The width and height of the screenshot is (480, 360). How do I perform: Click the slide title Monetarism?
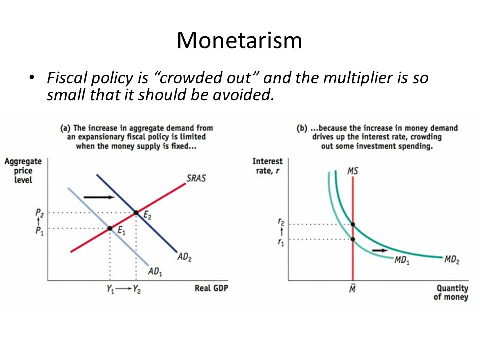(x=239, y=40)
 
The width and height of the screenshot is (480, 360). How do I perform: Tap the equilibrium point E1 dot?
(x=110, y=228)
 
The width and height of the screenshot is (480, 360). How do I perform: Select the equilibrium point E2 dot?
(x=136, y=213)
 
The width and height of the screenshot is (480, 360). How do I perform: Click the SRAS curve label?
(x=196, y=178)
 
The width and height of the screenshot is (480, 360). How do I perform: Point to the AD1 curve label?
(x=155, y=272)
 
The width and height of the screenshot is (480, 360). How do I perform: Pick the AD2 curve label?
(x=184, y=257)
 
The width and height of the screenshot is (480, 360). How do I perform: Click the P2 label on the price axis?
(x=39, y=213)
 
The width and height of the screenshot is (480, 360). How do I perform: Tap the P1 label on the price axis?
(x=39, y=231)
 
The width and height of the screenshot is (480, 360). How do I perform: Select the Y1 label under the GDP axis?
(x=110, y=289)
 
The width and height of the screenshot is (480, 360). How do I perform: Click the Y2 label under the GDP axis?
(x=137, y=289)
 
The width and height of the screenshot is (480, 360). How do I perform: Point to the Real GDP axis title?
(x=211, y=288)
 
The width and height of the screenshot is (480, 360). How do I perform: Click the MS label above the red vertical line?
(x=352, y=171)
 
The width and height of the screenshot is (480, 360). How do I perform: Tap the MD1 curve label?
(x=402, y=260)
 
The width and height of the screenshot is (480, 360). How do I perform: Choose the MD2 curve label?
(x=452, y=260)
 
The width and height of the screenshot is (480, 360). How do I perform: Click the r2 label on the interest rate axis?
(x=281, y=221)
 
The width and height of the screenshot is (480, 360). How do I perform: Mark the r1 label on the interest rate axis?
(x=281, y=243)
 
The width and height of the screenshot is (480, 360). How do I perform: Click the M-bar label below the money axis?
(x=352, y=288)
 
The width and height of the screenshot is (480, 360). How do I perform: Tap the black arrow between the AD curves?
(x=99, y=197)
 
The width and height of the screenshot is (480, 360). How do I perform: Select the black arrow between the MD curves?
(x=380, y=250)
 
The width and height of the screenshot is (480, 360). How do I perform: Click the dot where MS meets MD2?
(x=353, y=224)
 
